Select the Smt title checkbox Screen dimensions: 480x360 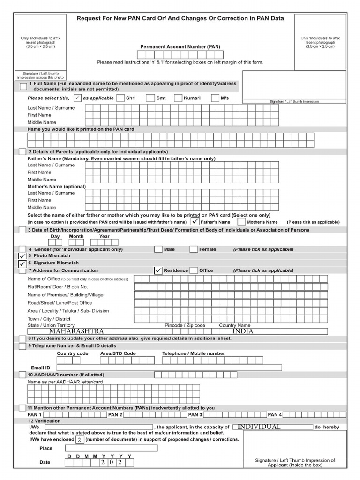pyautogui.click(x=150, y=98)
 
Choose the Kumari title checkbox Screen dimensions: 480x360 pyautogui.click(x=178, y=98)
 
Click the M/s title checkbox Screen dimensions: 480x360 pyautogui.click(x=215, y=98)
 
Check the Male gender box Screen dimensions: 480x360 pyautogui.click(x=158, y=249)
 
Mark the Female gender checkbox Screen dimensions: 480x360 pyautogui.click(x=194, y=249)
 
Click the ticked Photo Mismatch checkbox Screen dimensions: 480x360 pyautogui.click(x=22, y=256)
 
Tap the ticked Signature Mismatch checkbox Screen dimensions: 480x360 pyautogui.click(x=22, y=263)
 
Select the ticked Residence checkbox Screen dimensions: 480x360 pyautogui.click(x=158, y=270)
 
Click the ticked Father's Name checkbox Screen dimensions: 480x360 pyautogui.click(x=195, y=221)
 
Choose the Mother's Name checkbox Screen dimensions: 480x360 pyautogui.click(x=241, y=222)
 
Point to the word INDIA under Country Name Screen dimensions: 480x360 pyautogui.click(x=243, y=331)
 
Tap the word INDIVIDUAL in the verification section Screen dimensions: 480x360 pyautogui.click(x=259, y=427)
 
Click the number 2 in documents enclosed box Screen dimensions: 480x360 pyautogui.click(x=80, y=440)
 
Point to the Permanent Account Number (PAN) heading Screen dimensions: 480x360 pyautogui.click(x=180, y=47)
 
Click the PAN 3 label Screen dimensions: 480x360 pyautogui.click(x=195, y=415)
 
